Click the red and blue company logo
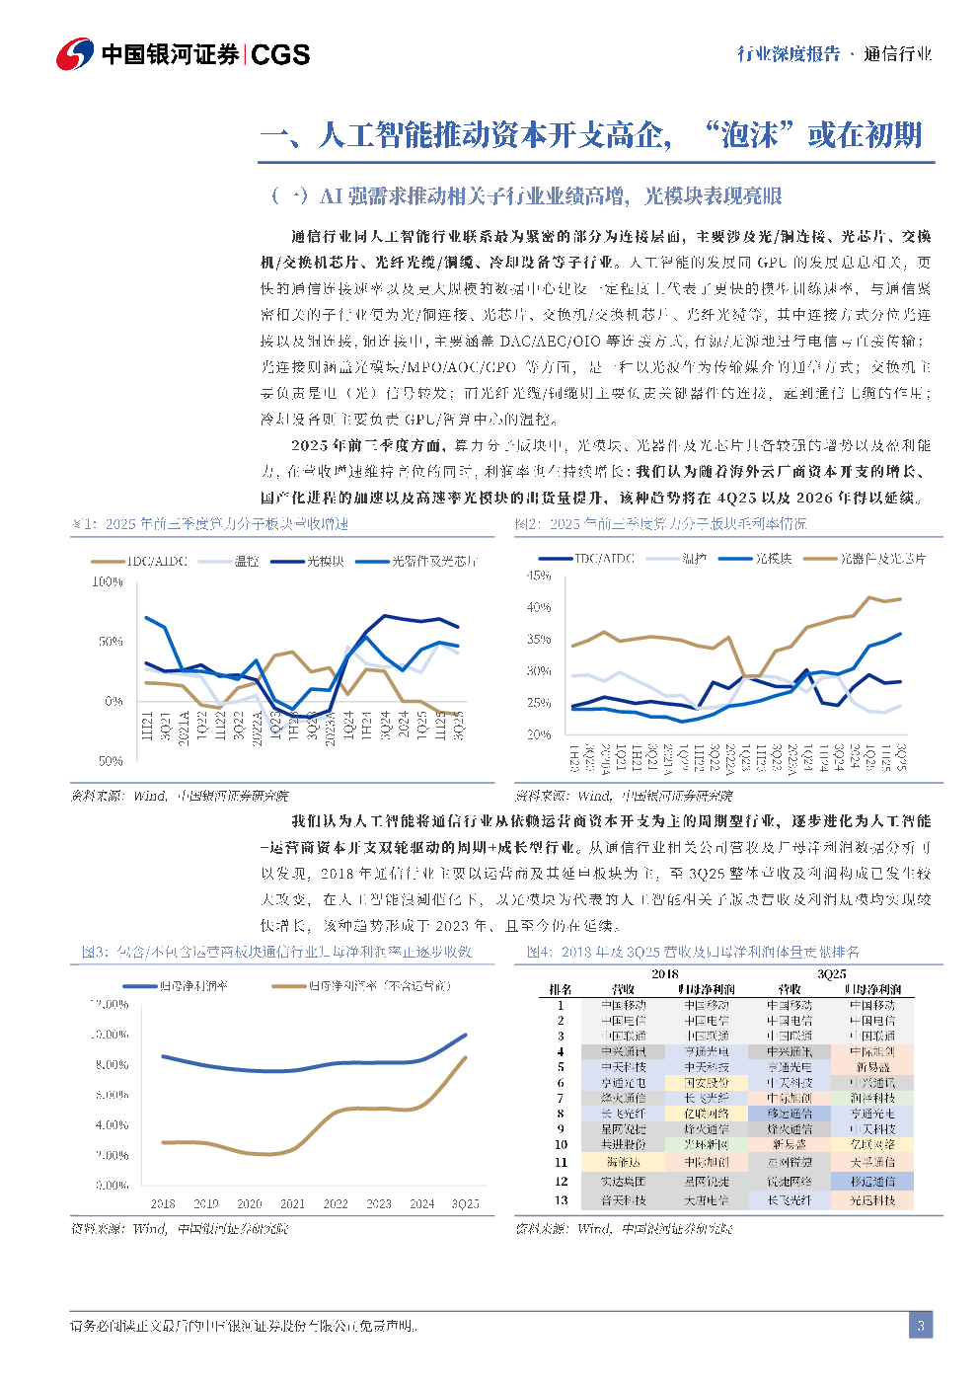(x=75, y=53)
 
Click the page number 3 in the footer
(x=920, y=1325)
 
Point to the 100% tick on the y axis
(x=108, y=582)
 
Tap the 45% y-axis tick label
(x=539, y=576)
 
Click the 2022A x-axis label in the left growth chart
(x=257, y=728)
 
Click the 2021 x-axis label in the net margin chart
(x=292, y=1203)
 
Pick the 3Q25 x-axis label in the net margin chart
(x=465, y=1203)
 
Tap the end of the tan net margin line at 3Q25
(x=465, y=1057)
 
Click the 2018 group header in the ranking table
(x=665, y=974)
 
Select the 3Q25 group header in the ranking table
(x=832, y=974)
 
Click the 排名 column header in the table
(x=561, y=989)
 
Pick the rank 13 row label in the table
(x=561, y=1200)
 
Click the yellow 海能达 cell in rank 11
(x=623, y=1163)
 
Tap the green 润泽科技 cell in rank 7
(x=872, y=1098)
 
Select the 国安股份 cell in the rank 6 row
(x=707, y=1083)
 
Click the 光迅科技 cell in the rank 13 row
(x=872, y=1200)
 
